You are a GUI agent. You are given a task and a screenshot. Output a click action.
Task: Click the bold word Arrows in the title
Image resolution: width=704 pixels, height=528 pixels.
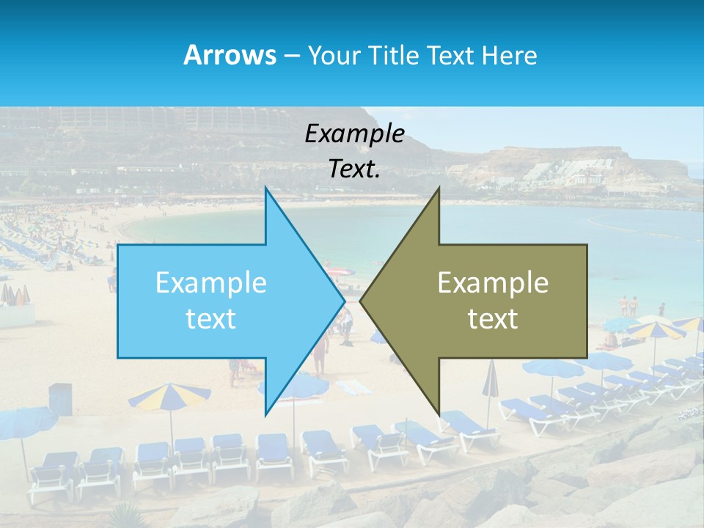(230, 55)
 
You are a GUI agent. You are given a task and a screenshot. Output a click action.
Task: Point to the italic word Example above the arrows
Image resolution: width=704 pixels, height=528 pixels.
(354, 134)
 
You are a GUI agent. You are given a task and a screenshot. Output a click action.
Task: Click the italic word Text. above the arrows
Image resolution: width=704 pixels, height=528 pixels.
(354, 169)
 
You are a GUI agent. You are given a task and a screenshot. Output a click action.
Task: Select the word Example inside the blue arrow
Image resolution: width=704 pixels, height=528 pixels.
(210, 283)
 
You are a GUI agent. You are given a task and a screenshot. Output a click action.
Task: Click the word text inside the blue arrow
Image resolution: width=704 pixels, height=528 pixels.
(210, 319)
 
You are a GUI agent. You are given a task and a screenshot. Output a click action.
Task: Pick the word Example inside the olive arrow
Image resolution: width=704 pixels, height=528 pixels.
(493, 283)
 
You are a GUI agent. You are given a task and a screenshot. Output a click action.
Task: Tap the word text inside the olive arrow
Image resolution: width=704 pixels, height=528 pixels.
(493, 319)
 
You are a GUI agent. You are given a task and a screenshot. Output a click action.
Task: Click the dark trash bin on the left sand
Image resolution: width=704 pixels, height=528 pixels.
(60, 398)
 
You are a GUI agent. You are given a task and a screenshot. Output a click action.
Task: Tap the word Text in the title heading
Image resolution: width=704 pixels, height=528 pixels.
(448, 55)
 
